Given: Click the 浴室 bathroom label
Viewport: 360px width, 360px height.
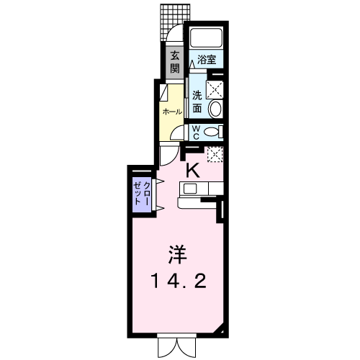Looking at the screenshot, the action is [x=207, y=60].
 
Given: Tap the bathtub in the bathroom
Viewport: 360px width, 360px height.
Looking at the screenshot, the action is [x=206, y=37].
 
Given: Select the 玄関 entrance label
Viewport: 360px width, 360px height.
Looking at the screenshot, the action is [x=175, y=63].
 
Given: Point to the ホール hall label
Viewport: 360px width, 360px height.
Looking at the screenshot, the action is [x=172, y=112].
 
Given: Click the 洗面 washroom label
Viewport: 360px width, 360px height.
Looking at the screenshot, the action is [x=197, y=102].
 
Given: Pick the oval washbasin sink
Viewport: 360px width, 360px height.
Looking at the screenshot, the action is [x=215, y=109].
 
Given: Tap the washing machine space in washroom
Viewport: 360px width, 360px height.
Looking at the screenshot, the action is [x=215, y=89].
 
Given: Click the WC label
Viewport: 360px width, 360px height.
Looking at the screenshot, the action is [x=196, y=132].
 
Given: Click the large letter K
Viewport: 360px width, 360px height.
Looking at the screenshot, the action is [x=193, y=170].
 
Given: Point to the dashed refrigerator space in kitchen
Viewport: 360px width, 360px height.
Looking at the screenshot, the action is [x=215, y=154].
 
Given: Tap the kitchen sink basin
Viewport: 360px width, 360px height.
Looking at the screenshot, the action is [x=190, y=189].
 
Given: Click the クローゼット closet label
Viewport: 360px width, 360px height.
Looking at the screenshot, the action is [x=142, y=194].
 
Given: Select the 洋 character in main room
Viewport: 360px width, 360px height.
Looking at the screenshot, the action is [x=178, y=254].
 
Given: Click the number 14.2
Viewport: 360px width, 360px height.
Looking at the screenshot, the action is [x=179, y=282].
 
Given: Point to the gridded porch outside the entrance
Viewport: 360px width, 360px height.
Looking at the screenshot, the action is [x=175, y=22].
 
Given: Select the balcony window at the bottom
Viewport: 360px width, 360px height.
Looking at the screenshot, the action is [x=177, y=348].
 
